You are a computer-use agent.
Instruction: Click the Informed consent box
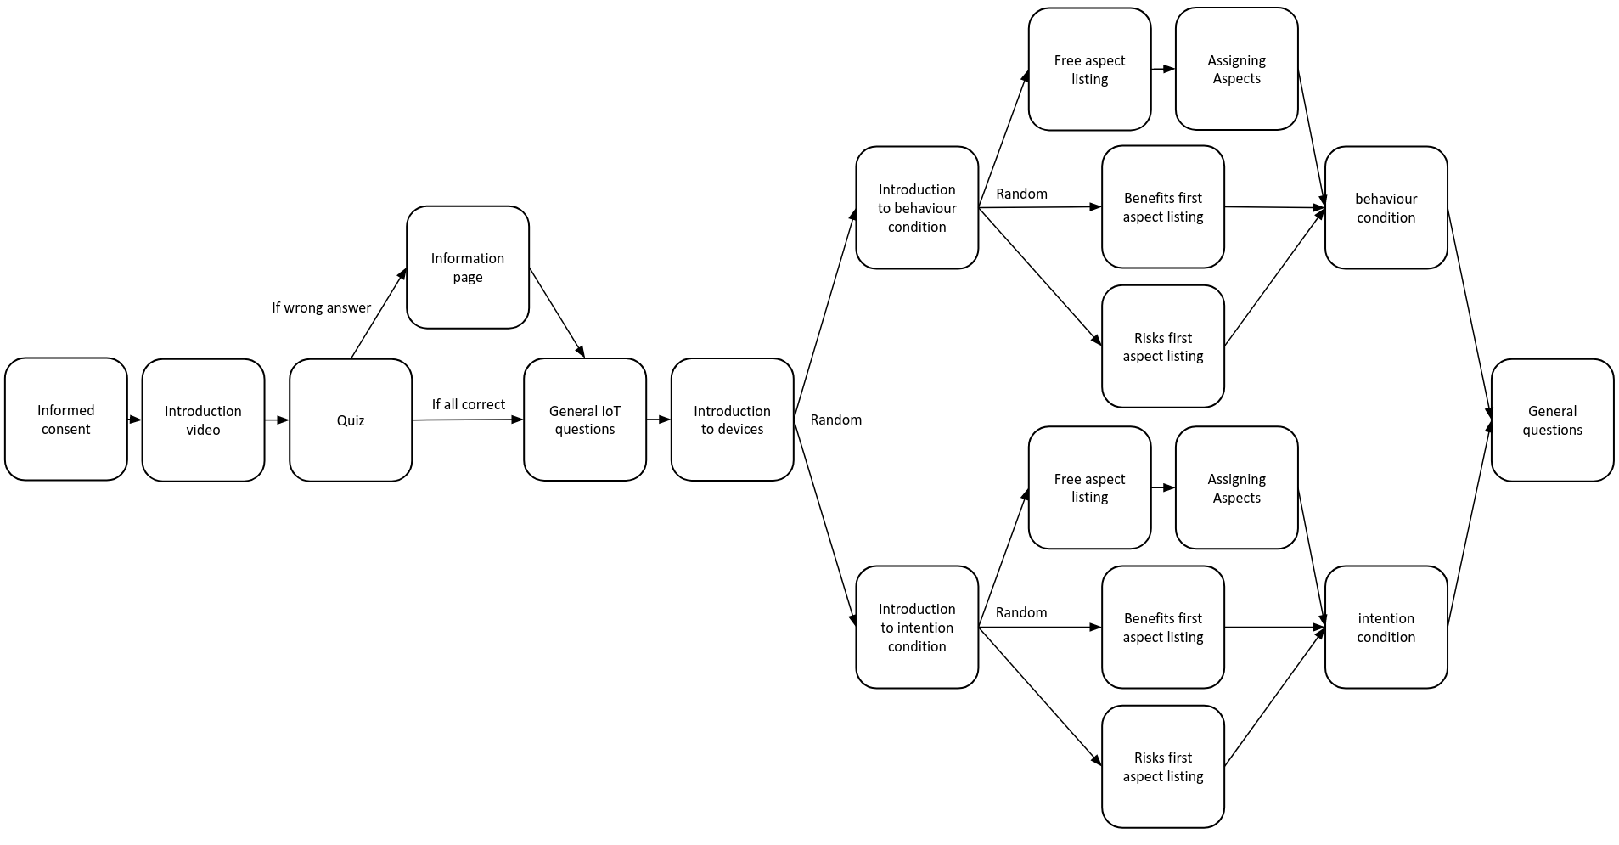65,420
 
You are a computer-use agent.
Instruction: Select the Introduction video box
203,420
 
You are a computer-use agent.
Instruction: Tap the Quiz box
350,420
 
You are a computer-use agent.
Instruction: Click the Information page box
467,268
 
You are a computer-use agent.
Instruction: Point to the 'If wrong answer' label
321,307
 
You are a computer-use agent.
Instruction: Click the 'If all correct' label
468,404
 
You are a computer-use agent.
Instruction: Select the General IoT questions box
584,420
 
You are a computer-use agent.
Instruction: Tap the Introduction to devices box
732,420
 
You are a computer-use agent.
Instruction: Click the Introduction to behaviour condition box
916,208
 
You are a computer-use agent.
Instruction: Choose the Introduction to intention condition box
916,628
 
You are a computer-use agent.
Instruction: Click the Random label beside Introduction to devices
835,420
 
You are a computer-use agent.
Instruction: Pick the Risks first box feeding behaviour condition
1162,346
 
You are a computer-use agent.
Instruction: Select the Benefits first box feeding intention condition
1162,628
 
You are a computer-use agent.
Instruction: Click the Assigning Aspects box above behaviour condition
1236,69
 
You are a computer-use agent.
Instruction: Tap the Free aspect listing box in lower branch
1089,487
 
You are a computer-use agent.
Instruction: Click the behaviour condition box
1386,208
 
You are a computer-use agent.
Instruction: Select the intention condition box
1386,628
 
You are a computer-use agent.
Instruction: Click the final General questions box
1552,420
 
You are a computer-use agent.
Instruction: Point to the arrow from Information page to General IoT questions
557,313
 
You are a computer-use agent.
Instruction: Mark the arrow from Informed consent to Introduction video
134,420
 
